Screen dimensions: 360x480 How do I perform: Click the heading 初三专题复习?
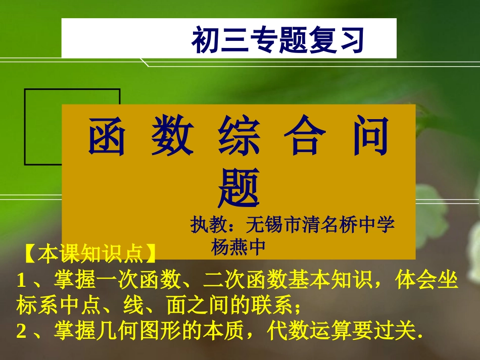[278, 40]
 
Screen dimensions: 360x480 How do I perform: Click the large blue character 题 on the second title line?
[239, 188]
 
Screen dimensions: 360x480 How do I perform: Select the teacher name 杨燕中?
[238, 246]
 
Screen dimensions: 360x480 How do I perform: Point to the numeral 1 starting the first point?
[21, 280]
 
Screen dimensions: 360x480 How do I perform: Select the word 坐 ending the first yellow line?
[449, 280]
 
